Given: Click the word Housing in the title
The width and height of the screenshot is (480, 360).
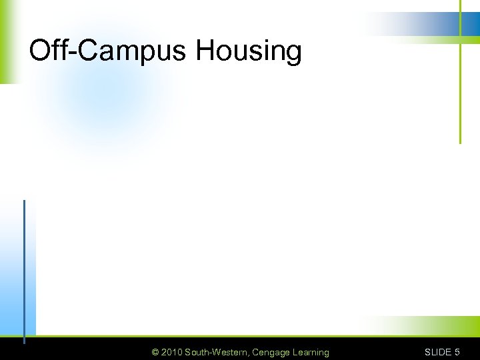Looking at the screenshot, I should pyautogui.click(x=249, y=51).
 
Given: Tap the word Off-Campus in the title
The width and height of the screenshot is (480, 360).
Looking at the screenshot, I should pyautogui.click(x=109, y=51).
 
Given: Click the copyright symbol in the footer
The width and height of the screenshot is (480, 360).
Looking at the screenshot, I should pyautogui.click(x=155, y=352).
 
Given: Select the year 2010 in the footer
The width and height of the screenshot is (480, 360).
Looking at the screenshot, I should pyautogui.click(x=171, y=352).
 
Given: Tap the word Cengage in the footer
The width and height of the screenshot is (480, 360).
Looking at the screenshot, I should pyautogui.click(x=271, y=352).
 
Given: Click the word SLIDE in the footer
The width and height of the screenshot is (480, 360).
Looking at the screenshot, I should pyautogui.click(x=438, y=352).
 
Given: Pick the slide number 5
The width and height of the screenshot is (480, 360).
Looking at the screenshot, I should pyautogui.click(x=457, y=352).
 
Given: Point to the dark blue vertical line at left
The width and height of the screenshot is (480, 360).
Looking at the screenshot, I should pyautogui.click(x=24, y=267).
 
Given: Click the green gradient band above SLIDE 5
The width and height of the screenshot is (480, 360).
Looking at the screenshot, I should pyautogui.click(x=427, y=326).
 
